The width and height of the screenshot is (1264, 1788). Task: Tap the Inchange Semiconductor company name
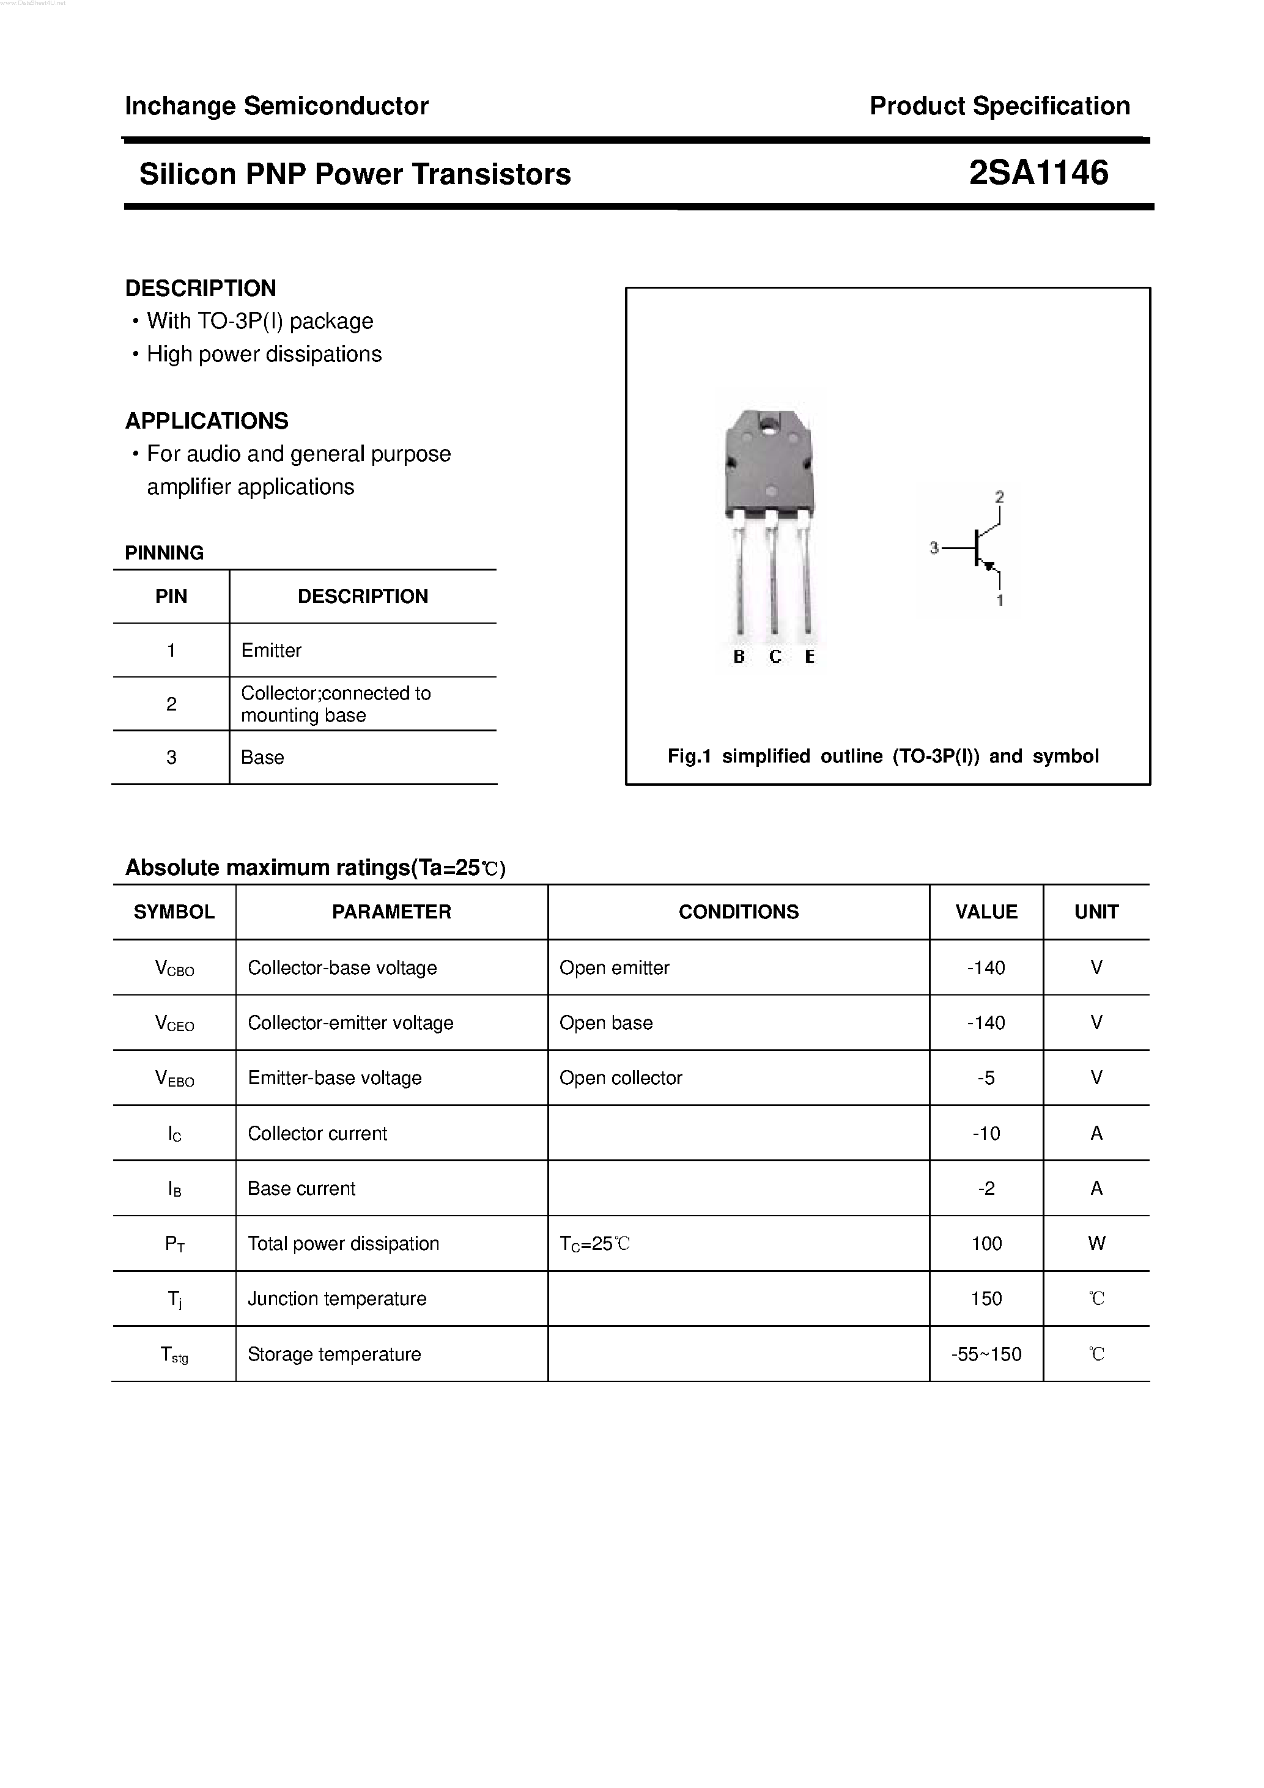tap(276, 106)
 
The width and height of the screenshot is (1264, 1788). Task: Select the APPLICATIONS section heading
tap(206, 421)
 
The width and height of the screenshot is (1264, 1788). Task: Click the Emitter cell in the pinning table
tap(271, 650)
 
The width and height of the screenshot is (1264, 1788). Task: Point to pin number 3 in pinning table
tap(171, 757)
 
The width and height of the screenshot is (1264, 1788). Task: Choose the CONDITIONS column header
tap(738, 912)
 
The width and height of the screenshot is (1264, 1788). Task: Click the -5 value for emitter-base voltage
tap(986, 1078)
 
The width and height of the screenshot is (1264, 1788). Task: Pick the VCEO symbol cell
tap(174, 1023)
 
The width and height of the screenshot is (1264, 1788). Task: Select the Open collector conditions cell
tap(621, 1078)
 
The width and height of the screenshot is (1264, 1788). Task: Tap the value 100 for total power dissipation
tap(986, 1244)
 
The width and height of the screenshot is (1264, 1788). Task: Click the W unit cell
tap(1096, 1244)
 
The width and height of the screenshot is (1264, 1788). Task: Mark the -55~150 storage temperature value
tap(986, 1354)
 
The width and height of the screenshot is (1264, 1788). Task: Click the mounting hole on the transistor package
tap(769, 425)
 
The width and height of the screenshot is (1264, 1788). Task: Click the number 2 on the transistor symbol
tap(999, 496)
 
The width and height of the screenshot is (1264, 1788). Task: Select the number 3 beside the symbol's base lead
tap(934, 549)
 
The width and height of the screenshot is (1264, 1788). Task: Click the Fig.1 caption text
tap(883, 756)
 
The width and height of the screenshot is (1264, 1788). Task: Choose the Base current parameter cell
tap(301, 1188)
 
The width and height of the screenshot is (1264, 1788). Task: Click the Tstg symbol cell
tap(174, 1355)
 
